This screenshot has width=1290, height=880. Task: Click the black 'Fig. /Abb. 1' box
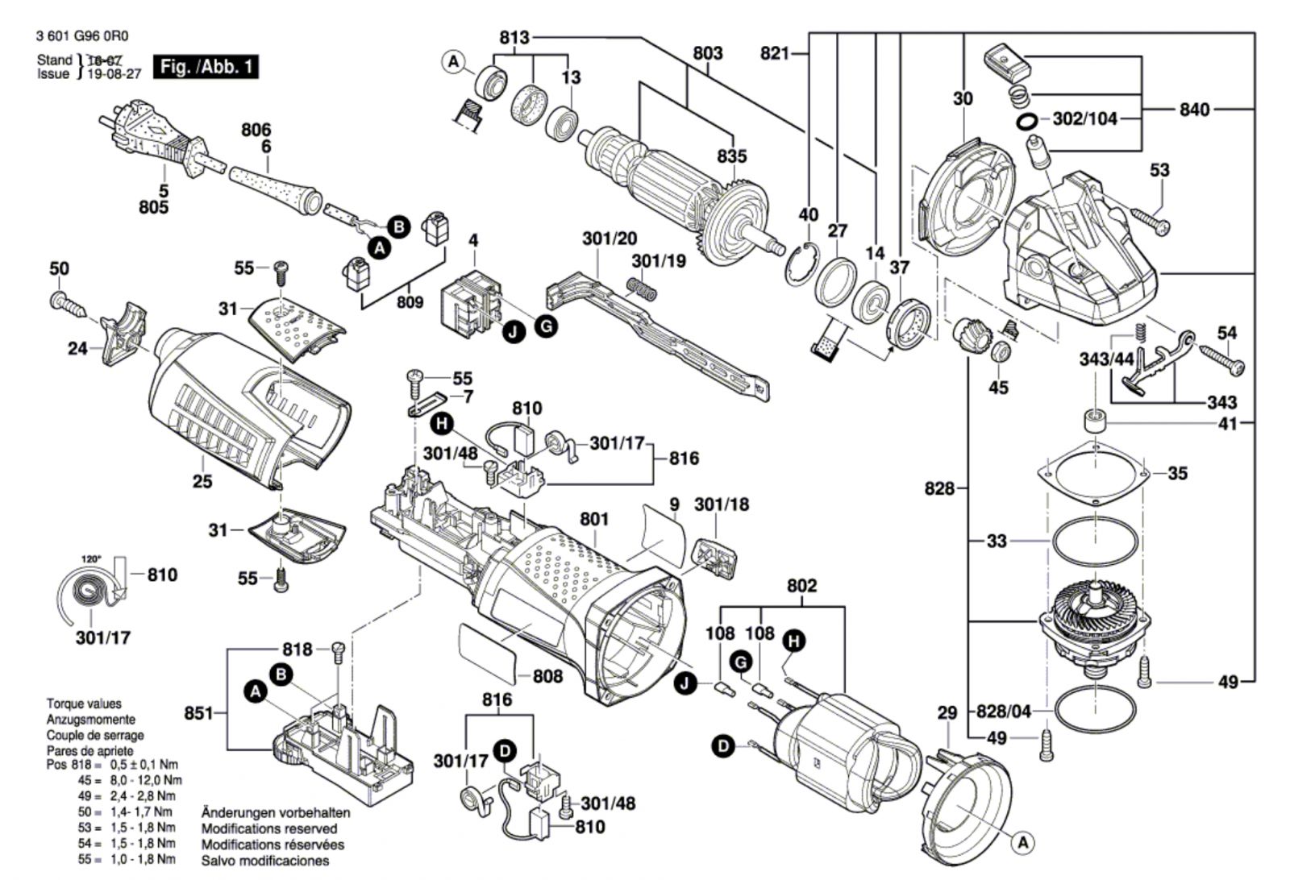pos(207,67)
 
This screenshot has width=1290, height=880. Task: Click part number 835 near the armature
pos(732,156)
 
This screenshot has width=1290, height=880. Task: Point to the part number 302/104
pos(1085,119)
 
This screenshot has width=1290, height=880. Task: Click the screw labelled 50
pos(66,302)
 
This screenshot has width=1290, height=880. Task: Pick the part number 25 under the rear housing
pos(202,481)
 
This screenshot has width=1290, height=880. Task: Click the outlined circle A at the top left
pos(454,61)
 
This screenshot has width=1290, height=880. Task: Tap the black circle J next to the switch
pos(514,330)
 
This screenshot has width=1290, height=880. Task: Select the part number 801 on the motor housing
pos(594,519)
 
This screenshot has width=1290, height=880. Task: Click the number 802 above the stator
pos(801,586)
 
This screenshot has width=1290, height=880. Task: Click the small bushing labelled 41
pos(1094,421)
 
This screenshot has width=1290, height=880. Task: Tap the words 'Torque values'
pos(84,704)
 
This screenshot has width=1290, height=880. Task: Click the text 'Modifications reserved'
pos(269,828)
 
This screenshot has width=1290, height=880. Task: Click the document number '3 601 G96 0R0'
pos(82,36)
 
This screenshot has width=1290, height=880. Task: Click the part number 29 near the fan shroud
pos(947,712)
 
